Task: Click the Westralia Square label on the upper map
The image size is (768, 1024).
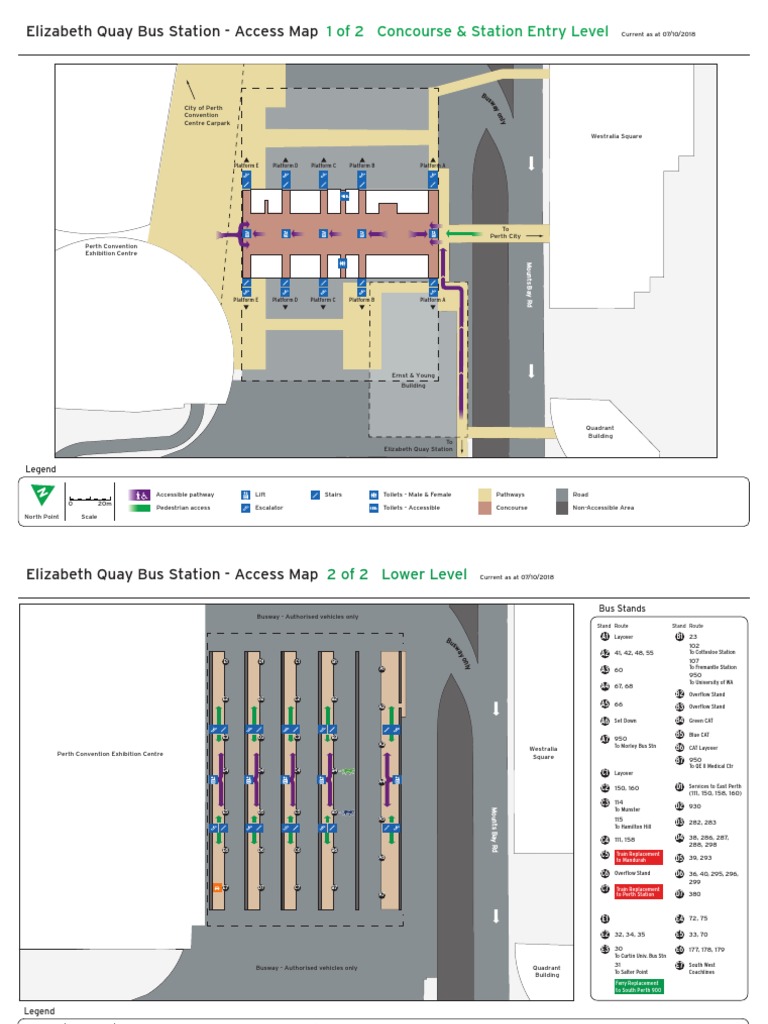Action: [616, 136]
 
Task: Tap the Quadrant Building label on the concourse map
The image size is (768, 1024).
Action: [600, 432]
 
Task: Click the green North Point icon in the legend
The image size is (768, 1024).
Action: [42, 495]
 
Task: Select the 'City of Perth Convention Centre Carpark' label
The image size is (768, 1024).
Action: [207, 115]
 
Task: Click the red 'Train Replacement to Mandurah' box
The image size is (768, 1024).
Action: [638, 856]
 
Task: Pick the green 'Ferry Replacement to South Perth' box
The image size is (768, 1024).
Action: [638, 987]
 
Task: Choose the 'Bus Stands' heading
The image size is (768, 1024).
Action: [622, 608]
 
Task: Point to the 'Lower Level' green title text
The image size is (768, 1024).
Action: [424, 574]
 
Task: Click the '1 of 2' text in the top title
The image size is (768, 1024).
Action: [344, 31]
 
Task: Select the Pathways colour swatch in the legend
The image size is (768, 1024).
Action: [485, 494]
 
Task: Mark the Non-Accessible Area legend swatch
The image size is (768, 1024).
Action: [562, 507]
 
